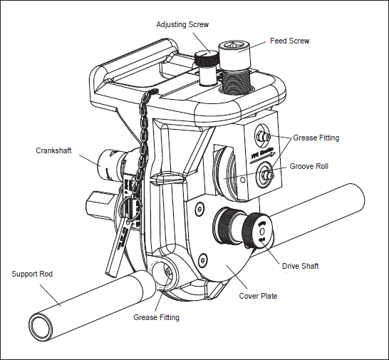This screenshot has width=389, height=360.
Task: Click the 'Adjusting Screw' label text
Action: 182,25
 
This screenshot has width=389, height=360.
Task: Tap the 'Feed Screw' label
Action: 290,41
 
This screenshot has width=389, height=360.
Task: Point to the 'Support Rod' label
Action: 32,274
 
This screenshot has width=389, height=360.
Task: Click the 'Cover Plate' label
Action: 257,296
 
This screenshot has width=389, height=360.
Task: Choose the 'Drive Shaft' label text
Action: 299,266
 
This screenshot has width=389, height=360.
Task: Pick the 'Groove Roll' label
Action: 308,167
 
